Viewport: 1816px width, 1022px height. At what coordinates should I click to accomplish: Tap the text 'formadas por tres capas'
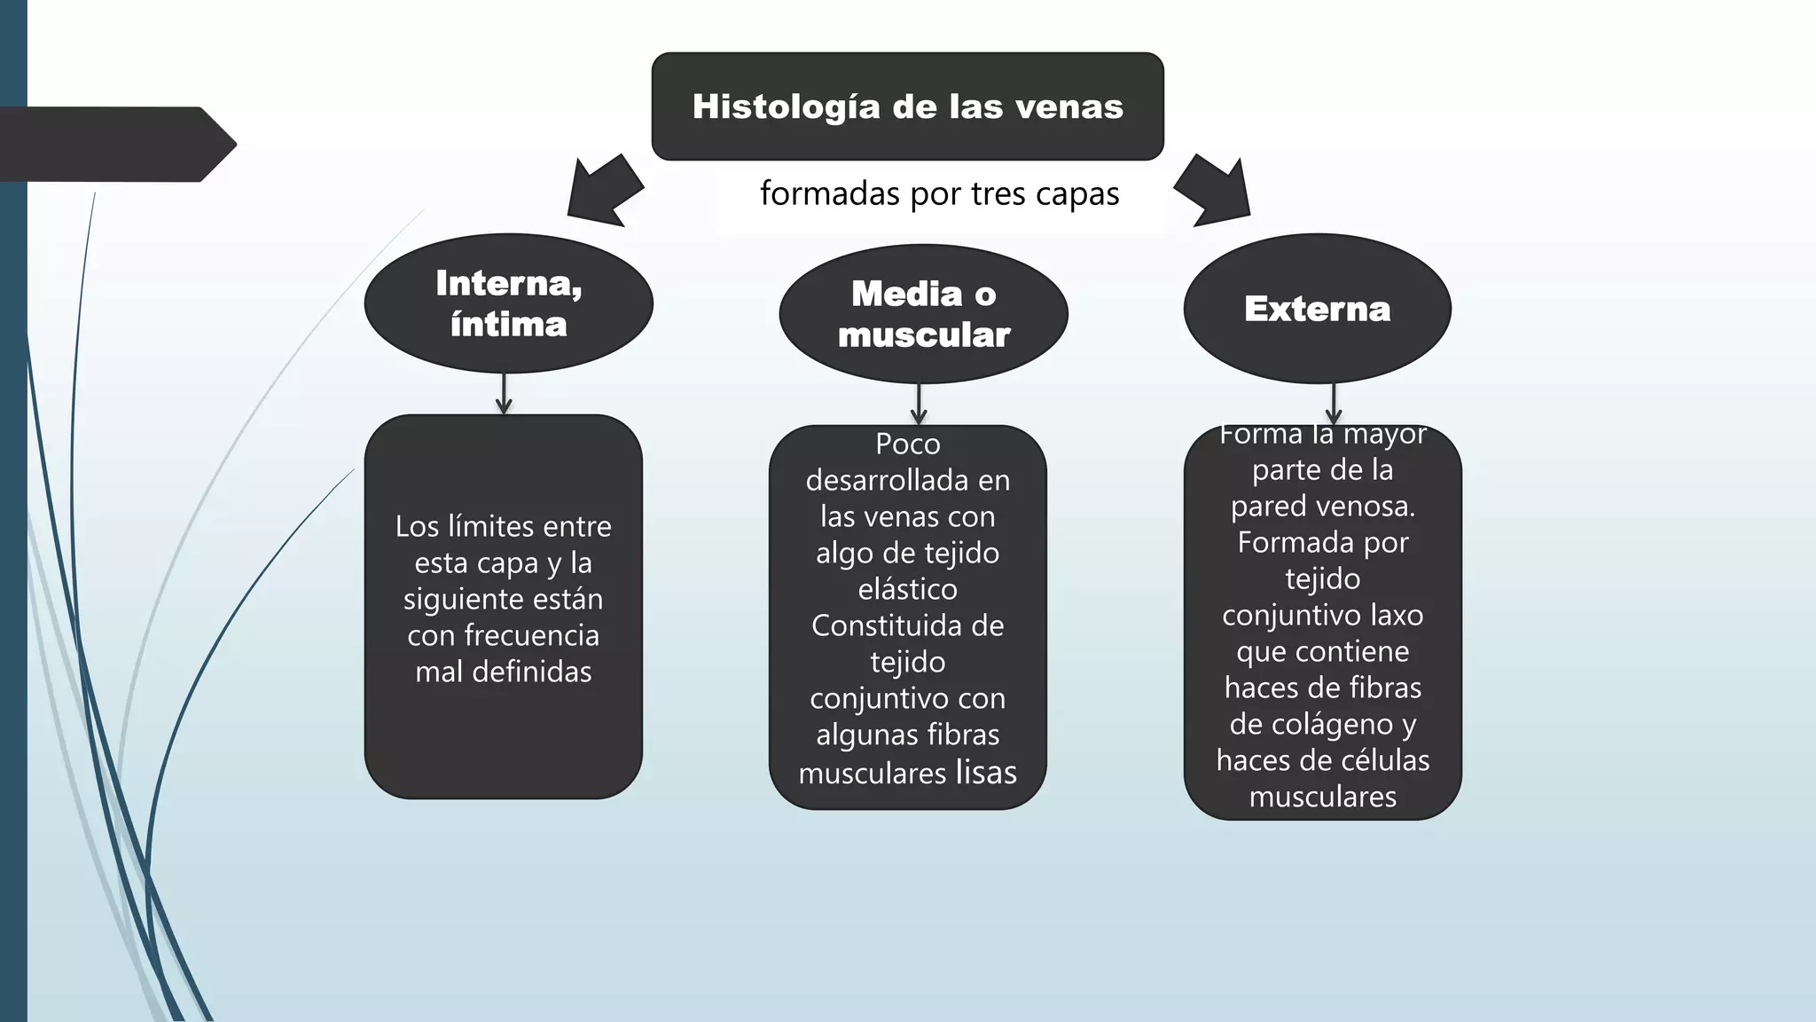(939, 193)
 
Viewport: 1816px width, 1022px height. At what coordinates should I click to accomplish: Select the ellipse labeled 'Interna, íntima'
(508, 303)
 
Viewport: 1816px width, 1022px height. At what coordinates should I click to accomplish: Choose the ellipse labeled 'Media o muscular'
(923, 314)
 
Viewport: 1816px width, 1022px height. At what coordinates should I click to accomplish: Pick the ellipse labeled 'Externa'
(1317, 309)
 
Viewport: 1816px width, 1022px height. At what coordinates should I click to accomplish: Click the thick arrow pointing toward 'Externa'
(1214, 191)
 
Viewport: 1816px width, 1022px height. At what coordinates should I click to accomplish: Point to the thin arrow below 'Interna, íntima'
(504, 394)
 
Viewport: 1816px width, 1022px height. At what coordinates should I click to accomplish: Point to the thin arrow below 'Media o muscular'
(919, 405)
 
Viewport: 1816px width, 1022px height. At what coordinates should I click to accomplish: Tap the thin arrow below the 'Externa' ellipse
(1334, 404)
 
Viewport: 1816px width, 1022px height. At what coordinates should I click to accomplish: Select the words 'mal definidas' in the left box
(503, 672)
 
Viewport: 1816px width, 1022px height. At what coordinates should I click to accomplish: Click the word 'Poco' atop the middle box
(907, 444)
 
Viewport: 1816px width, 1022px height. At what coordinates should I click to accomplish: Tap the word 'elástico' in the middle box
(907, 589)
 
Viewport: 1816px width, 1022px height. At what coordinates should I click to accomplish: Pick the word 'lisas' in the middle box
(986, 772)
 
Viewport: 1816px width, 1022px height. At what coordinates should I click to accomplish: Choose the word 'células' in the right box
(1384, 760)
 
